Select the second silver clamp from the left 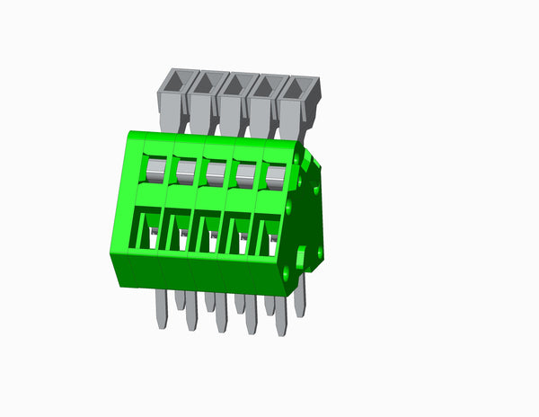click(x=185, y=169)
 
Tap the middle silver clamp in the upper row click(x=216, y=171)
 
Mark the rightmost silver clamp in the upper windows click(x=275, y=175)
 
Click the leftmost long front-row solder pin click(x=161, y=308)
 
